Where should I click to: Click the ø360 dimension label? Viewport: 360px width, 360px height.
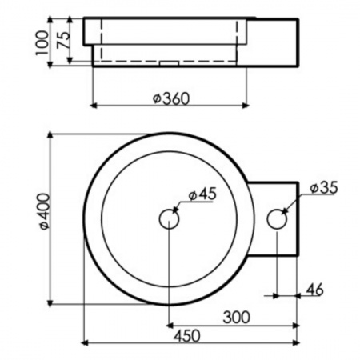tap(171, 98)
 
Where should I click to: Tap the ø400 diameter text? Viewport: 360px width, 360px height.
tap(44, 211)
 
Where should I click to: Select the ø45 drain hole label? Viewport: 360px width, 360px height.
tap(202, 194)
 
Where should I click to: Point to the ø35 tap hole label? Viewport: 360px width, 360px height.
tap(324, 187)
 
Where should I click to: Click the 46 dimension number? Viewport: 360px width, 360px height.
tap(315, 290)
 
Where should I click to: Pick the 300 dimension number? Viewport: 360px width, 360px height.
tap(237, 318)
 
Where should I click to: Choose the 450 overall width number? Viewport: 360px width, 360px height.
tap(187, 336)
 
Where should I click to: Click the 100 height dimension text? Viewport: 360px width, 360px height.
tap(42, 42)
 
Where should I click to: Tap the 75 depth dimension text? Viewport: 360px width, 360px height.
tap(64, 40)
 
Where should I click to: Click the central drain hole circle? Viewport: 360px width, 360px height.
tap(169, 218)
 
